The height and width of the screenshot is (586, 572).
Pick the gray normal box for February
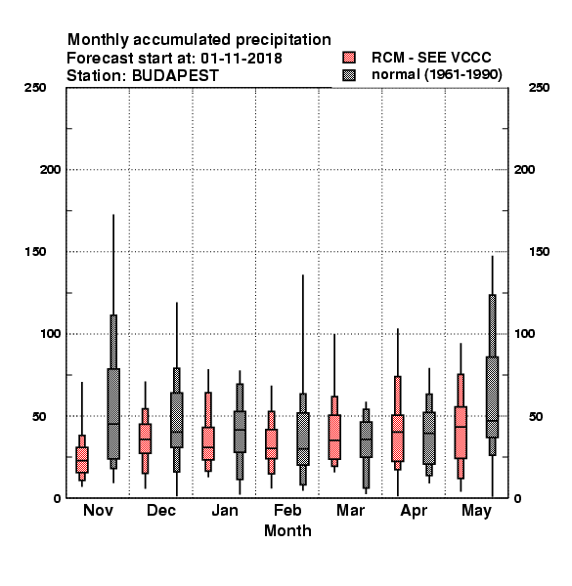(x=303, y=439)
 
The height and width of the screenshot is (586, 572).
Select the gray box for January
(x=240, y=432)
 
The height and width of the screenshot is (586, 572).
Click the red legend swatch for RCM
(x=349, y=58)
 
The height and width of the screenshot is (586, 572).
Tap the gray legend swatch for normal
(x=349, y=75)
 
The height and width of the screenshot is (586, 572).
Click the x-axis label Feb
(x=287, y=510)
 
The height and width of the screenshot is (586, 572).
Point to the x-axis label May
(x=476, y=511)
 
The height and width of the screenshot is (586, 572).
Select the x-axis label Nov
(x=98, y=510)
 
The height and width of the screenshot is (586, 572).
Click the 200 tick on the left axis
(x=50, y=170)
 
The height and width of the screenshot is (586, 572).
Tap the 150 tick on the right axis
(x=539, y=252)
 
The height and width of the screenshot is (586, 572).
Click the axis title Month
(x=287, y=530)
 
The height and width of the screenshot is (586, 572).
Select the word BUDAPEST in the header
(x=175, y=76)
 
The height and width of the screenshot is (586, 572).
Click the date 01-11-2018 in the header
(x=242, y=59)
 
